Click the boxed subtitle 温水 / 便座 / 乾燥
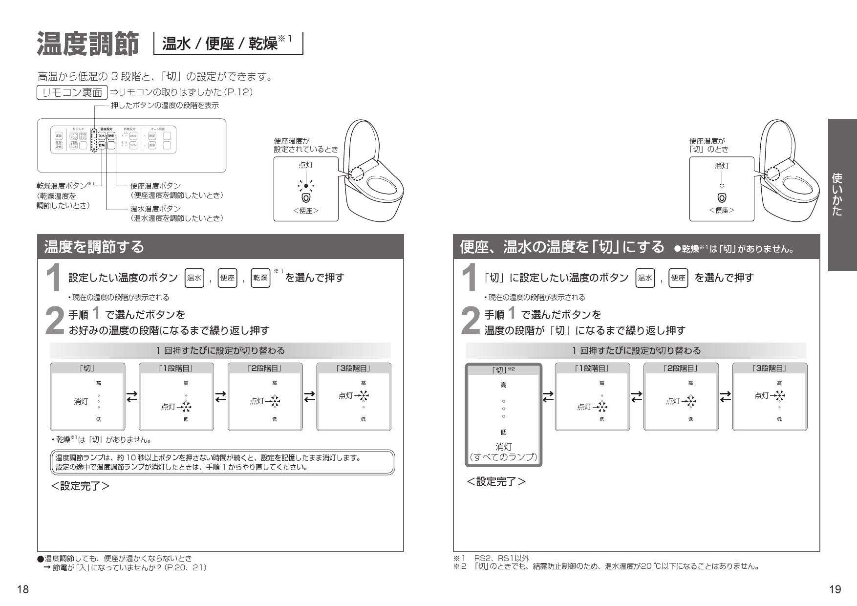tap(228, 44)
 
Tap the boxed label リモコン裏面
tap(72, 92)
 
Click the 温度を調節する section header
tap(94, 247)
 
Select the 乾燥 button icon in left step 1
tap(260, 278)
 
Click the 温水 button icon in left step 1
tap(194, 278)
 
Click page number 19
tap(835, 590)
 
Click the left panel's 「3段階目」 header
tap(353, 368)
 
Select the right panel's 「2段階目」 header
tap(681, 368)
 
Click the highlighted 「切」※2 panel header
tap(503, 369)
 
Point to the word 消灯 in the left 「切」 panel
tap(81, 402)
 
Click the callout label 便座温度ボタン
tap(156, 186)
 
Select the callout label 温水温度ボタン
tap(156, 209)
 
